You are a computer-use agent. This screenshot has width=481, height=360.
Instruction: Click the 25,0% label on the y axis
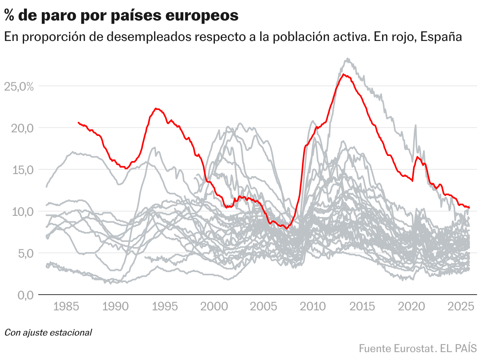(19, 86)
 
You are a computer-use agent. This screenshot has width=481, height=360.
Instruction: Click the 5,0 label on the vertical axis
(24, 253)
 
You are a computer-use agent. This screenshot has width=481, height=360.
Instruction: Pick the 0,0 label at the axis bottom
(24, 295)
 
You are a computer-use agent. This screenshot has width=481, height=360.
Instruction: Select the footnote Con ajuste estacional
(48, 332)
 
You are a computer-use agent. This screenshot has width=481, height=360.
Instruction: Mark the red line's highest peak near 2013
(343, 74)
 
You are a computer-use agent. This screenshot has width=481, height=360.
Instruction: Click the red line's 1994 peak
(157, 108)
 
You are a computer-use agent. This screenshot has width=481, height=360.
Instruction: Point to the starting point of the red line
(78, 122)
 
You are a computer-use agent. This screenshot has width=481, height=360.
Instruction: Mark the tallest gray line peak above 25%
(347, 59)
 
